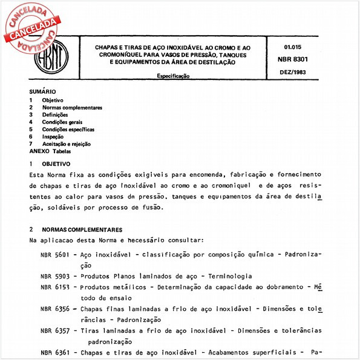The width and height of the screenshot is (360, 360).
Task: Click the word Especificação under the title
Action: click(173, 77)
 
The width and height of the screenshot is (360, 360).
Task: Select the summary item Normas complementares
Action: click(71, 108)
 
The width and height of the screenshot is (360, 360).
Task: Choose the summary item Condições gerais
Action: click(62, 122)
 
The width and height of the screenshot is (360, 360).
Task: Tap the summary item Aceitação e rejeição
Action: click(66, 144)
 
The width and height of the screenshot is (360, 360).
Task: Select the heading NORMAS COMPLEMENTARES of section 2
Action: click(82, 230)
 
